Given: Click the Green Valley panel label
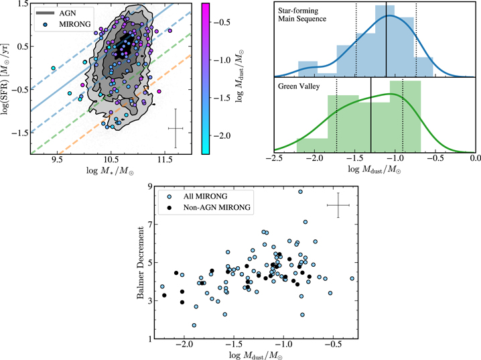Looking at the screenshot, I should point(300,85).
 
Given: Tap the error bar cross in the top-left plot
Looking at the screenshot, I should point(176,127).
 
